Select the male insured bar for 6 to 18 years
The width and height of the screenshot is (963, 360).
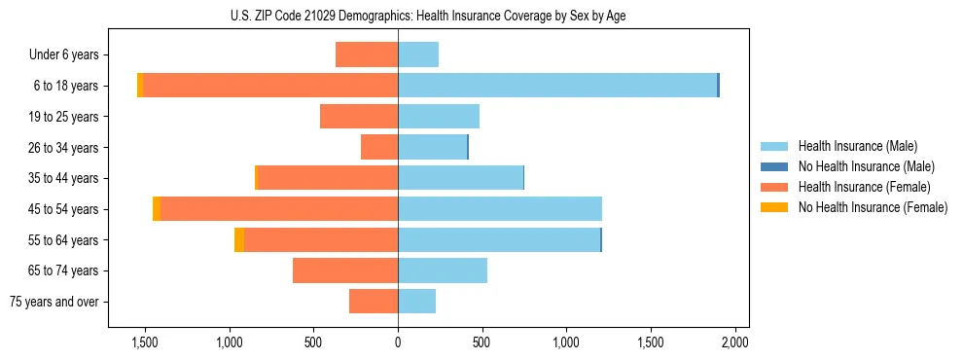(556, 86)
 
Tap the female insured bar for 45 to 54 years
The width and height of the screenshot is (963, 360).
(279, 208)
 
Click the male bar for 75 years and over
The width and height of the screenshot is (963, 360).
(416, 302)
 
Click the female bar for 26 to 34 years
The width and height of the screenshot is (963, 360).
(379, 147)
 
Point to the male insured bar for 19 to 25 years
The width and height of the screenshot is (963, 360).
(438, 117)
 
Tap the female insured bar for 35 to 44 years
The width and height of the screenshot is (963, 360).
(327, 178)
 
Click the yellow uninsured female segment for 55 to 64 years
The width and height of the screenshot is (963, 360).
(239, 239)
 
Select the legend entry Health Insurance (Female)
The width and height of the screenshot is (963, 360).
(864, 187)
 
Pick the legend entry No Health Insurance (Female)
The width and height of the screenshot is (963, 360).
(873, 207)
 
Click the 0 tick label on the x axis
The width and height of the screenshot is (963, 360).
(398, 343)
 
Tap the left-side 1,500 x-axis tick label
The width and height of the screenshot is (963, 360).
(144, 343)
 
